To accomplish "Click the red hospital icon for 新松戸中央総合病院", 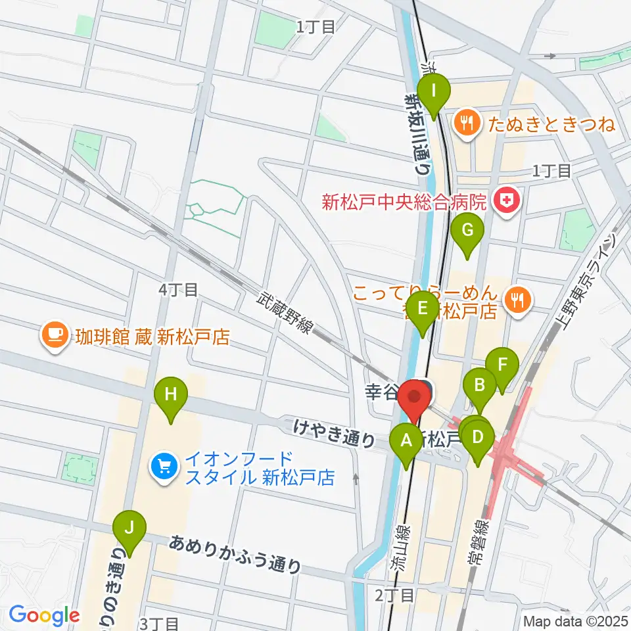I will (507, 200).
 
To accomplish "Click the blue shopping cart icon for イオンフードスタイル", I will (162, 467).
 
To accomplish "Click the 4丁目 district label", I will (178, 289).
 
